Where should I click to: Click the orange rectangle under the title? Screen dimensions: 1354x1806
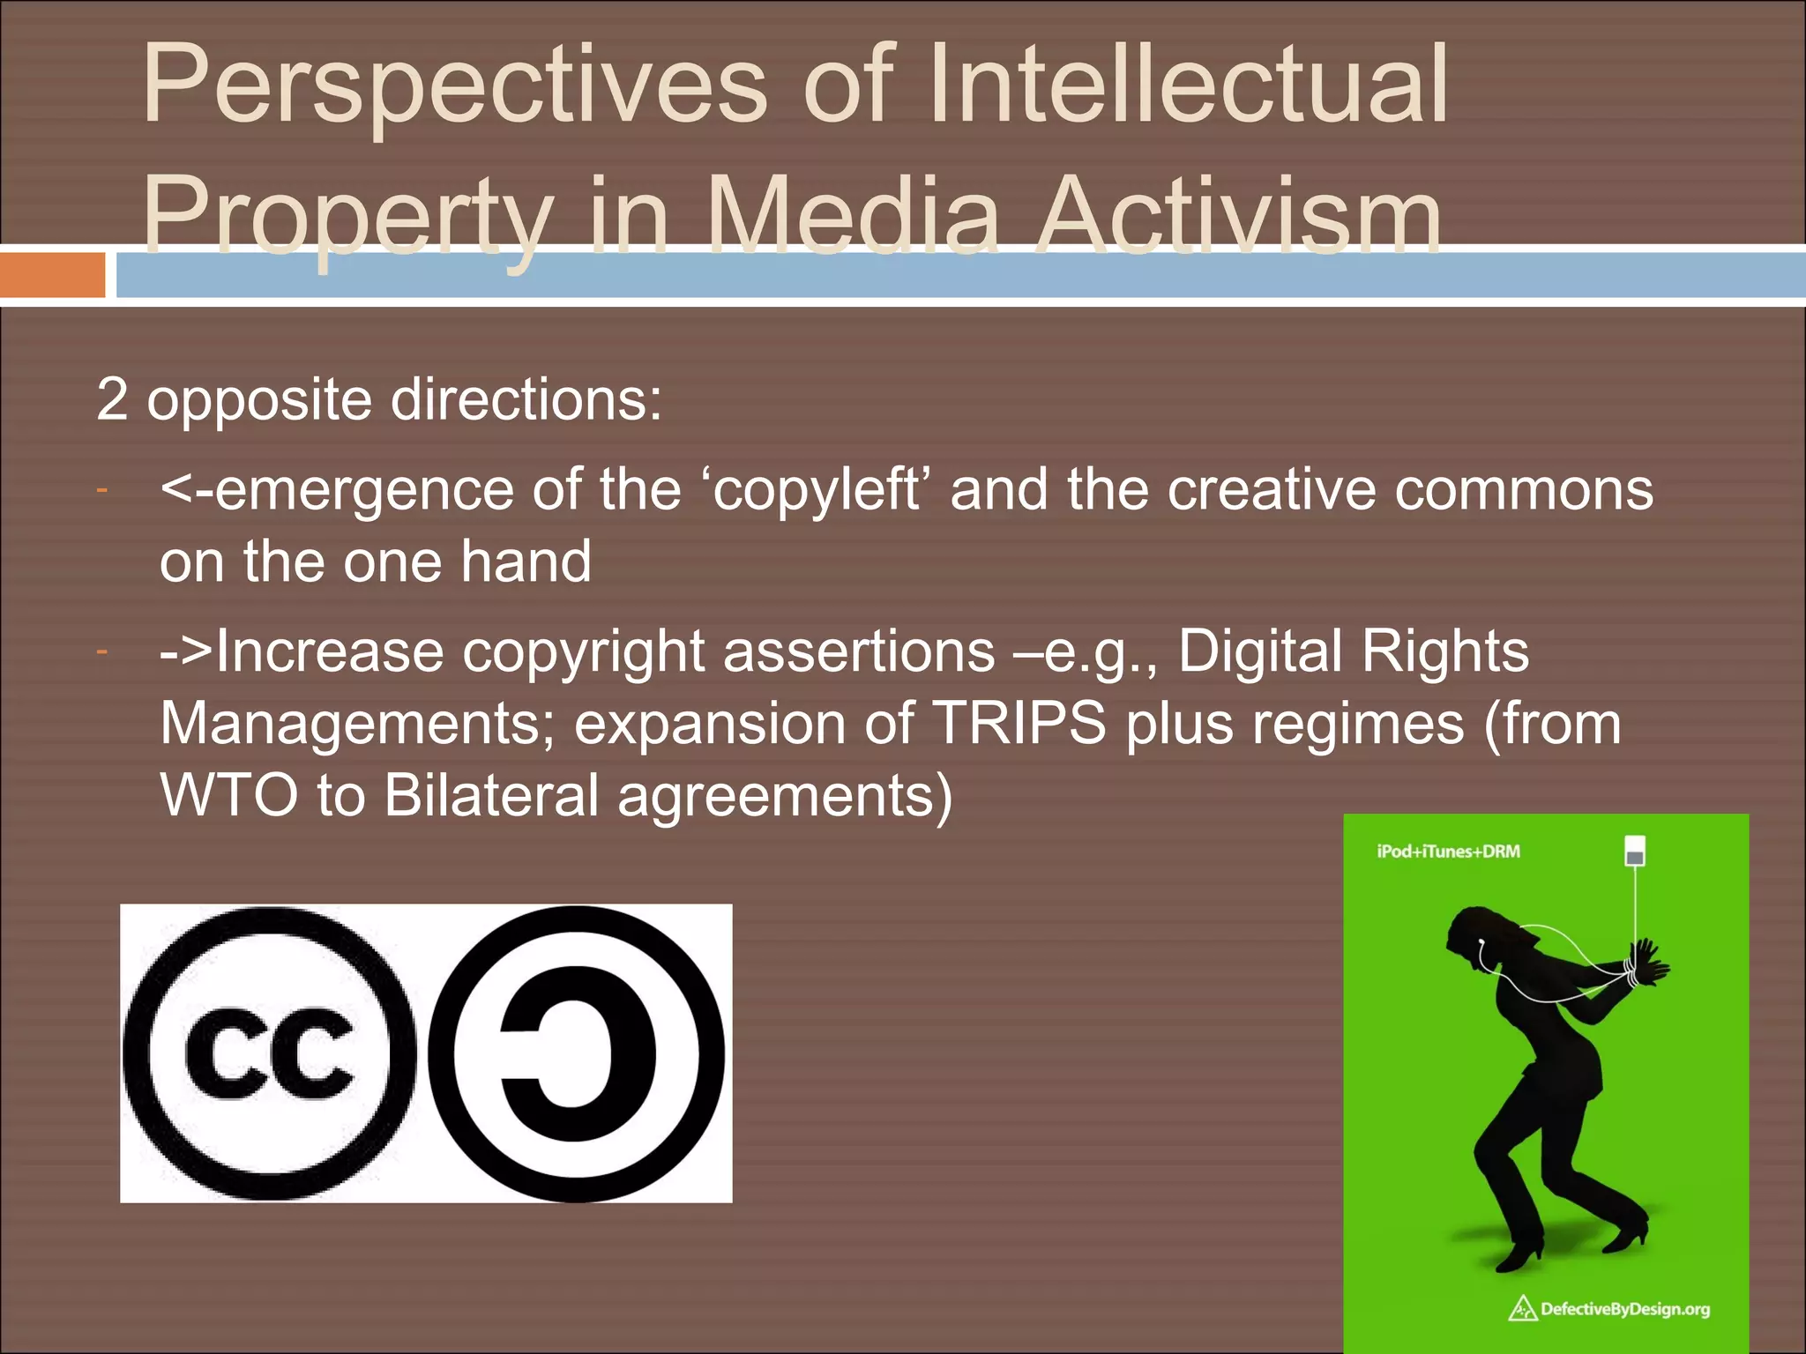[52, 275]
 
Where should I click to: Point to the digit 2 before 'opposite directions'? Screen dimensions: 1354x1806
[111, 399]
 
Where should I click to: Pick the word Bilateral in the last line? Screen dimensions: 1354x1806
[491, 796]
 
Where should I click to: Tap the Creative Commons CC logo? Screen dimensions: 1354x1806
[269, 1054]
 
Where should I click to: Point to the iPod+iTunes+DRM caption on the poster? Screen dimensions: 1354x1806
[1448, 852]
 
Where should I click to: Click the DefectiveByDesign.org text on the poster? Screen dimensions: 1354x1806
[1624, 1309]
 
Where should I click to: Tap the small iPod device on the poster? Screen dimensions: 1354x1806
[1634, 852]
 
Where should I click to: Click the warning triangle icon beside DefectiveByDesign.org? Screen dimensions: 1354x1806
[1523, 1309]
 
